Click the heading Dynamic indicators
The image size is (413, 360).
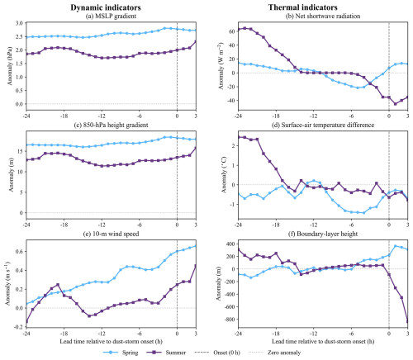(106, 7)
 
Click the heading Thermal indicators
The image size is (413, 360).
(302, 7)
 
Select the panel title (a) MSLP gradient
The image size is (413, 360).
(111, 16)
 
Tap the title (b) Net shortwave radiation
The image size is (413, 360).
(323, 16)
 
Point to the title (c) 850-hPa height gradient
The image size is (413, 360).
(111, 125)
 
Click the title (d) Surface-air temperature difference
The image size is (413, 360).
(323, 125)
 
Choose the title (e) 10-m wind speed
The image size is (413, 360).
(111, 234)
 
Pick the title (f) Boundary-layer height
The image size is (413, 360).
(323, 234)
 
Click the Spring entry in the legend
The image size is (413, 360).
(121, 353)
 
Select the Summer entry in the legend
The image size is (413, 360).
(165, 353)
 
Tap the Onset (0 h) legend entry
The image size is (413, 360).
(217, 353)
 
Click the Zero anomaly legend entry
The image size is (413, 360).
(275, 353)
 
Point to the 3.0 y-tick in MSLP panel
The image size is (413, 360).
(19, 23)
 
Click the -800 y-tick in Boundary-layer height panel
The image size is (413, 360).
(229, 320)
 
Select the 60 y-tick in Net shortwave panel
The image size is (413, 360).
(232, 31)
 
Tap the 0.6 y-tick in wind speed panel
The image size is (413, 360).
(19, 252)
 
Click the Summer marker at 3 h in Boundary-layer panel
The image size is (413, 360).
(408, 321)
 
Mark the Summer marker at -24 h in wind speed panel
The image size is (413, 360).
(26, 321)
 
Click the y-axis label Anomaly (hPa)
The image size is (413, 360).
(10, 66)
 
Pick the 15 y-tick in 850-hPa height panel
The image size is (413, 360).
(20, 151)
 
